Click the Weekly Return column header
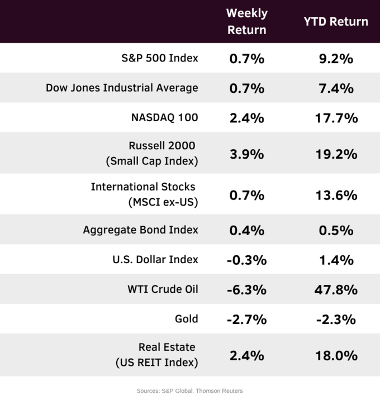pos(246,21)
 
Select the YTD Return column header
pos(336,22)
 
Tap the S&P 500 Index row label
pos(160,58)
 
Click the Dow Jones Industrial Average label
pos(122,88)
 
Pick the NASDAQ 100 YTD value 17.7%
pos(336,118)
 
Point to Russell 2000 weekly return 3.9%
pos(246,154)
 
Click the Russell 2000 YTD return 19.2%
pos(336,154)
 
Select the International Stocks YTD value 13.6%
pos(336,195)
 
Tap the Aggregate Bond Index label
pos(141,230)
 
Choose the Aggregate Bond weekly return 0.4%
pos(246,230)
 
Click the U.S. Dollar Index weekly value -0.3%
pos(246,260)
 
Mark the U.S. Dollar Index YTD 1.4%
pos(336,260)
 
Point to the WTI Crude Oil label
pos(163,289)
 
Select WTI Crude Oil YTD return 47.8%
pos(336,289)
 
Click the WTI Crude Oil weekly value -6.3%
pos(246,289)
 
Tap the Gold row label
pos(187,319)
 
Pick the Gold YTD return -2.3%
pos(336,320)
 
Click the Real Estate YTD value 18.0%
pos(336,356)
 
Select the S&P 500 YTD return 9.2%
pos(336,59)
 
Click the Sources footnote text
pos(189,391)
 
